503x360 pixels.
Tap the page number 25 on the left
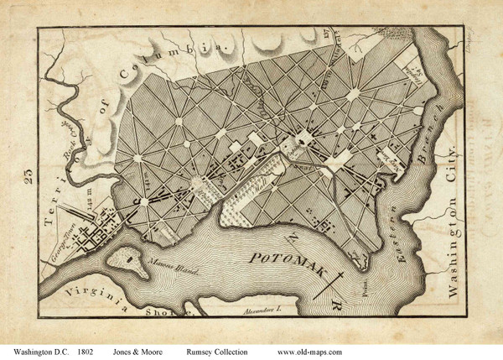(28, 176)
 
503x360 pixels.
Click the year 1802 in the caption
(93, 351)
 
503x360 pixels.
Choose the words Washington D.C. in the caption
(40, 351)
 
